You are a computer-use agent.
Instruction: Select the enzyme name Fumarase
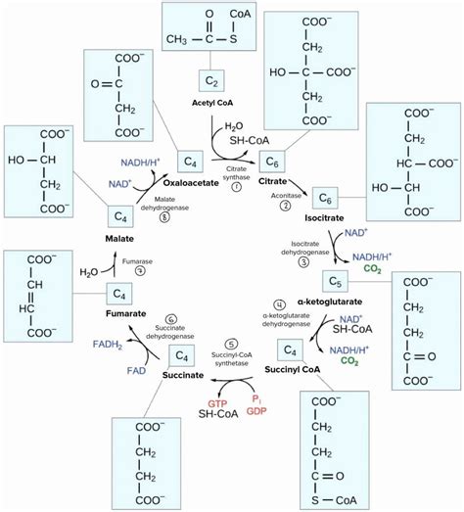coord(137,261)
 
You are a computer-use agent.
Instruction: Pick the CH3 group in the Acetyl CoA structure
coord(178,39)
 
